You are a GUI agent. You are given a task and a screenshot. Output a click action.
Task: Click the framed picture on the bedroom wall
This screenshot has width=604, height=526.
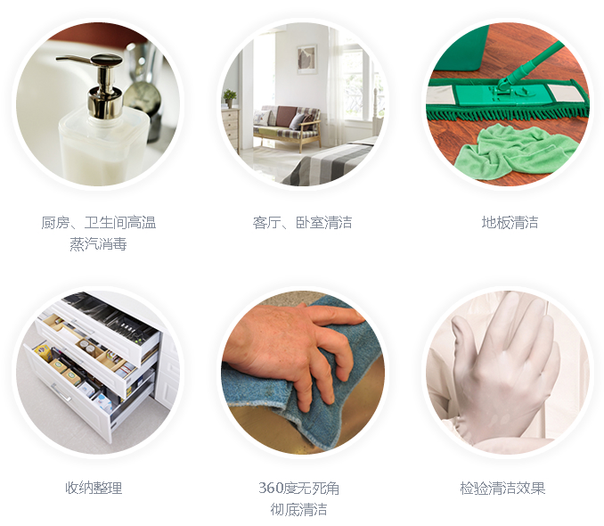click(x=307, y=60)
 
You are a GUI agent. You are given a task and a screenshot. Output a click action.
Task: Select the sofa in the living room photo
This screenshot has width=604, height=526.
click(x=287, y=127)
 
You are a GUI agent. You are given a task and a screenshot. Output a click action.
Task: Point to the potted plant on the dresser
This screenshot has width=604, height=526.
click(x=230, y=98)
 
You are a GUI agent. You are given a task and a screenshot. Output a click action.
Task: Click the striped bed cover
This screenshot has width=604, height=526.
click(x=328, y=164)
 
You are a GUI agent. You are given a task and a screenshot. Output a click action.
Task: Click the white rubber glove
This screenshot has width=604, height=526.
click(x=504, y=370)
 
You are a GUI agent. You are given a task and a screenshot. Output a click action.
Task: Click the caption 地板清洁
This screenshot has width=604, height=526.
click(x=510, y=223)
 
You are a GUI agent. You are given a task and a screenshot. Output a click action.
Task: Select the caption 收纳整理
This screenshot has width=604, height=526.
click(x=94, y=488)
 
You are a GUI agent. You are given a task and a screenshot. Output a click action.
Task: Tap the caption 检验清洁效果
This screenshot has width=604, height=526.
click(x=502, y=488)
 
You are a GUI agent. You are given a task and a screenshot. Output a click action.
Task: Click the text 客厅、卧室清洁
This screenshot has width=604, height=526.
click(x=302, y=223)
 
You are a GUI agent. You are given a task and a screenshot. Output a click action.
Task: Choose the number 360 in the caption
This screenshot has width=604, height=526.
click(x=271, y=489)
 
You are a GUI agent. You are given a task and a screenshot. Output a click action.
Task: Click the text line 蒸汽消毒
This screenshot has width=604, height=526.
click(x=98, y=243)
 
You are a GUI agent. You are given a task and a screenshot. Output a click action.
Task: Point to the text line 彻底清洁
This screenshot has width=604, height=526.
click(x=298, y=509)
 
